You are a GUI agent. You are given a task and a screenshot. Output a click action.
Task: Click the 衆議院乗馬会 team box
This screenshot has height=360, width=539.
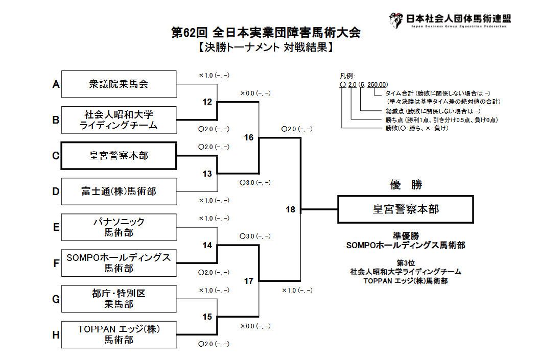[119, 84]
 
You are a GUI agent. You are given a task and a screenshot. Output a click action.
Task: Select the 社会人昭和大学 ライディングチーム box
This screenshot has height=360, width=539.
[119, 120]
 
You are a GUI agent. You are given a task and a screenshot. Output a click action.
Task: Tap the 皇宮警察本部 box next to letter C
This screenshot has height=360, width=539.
[119, 156]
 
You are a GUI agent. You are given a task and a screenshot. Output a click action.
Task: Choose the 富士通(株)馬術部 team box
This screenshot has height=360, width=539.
[119, 191]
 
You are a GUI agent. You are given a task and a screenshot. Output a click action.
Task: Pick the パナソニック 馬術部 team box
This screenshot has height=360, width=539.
[119, 227]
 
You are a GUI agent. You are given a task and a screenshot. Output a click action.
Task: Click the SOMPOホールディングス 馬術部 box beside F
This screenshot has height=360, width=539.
[119, 263]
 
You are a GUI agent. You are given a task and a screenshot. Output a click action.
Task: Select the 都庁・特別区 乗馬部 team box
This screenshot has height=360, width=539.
[119, 299]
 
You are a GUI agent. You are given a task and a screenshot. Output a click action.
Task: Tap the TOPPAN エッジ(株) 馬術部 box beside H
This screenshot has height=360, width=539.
[119, 334]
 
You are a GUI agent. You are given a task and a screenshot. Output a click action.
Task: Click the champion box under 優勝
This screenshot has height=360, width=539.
[406, 209]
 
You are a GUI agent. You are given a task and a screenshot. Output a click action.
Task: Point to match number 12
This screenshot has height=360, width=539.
[207, 102]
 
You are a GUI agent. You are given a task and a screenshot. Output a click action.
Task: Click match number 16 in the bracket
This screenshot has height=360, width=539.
[249, 138]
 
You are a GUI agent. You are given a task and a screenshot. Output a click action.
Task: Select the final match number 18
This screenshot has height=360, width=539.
[290, 209]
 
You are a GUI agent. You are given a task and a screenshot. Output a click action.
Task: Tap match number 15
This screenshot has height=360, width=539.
[207, 317]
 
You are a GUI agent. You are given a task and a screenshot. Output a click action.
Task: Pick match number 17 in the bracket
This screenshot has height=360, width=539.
[249, 281]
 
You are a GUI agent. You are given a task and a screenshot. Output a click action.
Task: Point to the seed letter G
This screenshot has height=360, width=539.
[56, 299]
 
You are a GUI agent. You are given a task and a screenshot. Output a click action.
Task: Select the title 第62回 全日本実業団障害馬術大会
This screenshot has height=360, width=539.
[266, 33]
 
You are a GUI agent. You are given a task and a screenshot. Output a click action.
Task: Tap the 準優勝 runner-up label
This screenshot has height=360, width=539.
[406, 236]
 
